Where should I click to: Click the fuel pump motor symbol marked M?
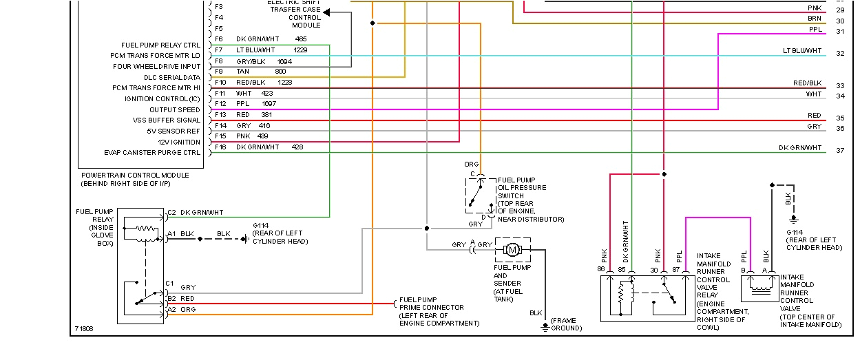pos(513,248)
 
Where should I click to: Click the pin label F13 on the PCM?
pos(220,114)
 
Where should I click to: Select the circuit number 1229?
pos(300,50)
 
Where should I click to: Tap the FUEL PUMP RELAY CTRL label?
pos(160,45)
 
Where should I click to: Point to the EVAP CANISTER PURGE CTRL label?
pos(152,153)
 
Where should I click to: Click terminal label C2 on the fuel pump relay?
pos(171,212)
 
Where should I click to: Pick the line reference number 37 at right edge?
pos(839,150)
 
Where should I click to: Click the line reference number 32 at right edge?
pos(839,53)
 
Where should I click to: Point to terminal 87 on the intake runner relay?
pos(676,269)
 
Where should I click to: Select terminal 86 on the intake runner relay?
pos(601,269)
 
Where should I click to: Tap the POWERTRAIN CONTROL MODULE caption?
pos(135,176)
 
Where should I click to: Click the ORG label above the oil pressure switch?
pos(471,165)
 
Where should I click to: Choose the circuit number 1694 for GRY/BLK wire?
pos(285,61)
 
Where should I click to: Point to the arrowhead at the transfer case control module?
pos(327,12)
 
